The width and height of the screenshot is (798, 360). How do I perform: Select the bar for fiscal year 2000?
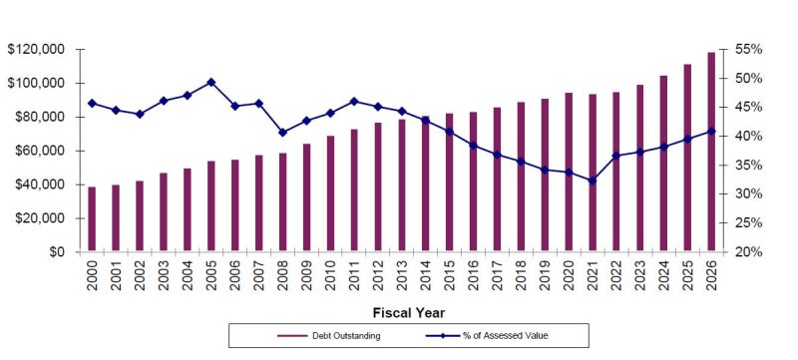92,219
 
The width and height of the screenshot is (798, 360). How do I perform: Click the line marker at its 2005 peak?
211,82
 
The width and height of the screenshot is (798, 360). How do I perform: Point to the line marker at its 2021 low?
593,180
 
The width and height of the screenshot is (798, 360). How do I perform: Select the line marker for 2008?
282,132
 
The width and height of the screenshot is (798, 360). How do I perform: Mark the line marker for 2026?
712,131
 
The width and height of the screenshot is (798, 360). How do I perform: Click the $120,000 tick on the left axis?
36,49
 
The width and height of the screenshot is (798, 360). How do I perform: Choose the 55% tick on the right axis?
748,49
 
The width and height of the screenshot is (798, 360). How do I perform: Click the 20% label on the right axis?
748,252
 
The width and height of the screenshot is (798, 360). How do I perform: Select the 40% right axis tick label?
748,136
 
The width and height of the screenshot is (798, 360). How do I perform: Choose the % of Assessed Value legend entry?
510,335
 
